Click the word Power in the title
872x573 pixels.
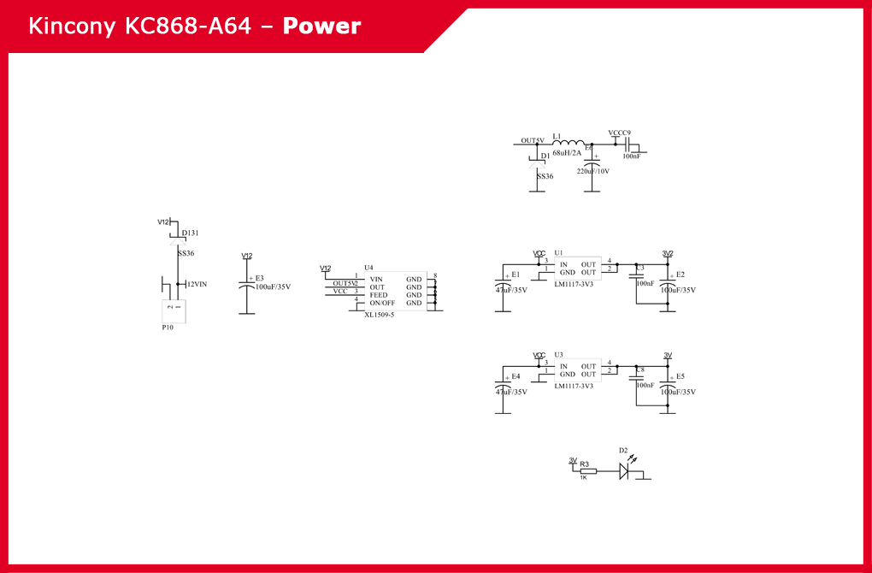point(321,27)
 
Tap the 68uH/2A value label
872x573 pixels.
point(566,153)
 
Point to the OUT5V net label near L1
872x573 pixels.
point(533,140)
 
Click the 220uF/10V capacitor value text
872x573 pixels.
point(592,171)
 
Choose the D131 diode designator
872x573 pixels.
point(190,233)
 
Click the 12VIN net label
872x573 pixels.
point(197,284)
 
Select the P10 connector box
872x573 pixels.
point(174,311)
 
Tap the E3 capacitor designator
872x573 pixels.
point(260,278)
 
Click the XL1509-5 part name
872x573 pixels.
point(379,315)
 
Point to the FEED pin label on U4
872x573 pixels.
point(378,295)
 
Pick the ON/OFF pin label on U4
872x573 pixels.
point(382,303)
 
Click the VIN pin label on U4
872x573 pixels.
point(376,279)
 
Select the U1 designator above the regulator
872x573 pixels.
point(558,253)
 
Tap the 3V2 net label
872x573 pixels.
point(668,253)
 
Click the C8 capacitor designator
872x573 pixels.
point(640,369)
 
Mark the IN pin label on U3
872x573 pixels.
point(563,366)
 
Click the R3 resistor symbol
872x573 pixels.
point(588,470)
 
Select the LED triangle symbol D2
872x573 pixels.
point(624,470)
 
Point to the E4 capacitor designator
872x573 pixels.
point(516,376)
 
